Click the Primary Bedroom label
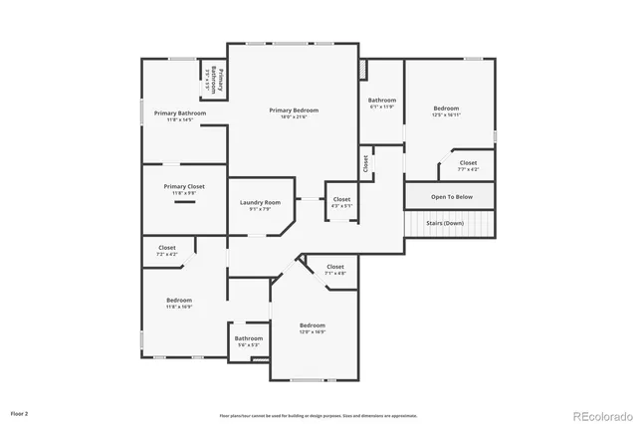click(x=294, y=109)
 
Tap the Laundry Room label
click(x=259, y=203)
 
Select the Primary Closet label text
click(x=184, y=186)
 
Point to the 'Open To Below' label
click(x=451, y=197)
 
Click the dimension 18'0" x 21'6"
click(x=294, y=117)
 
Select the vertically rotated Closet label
click(x=366, y=162)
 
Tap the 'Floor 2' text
click(x=20, y=412)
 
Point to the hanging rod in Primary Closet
click(x=184, y=202)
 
